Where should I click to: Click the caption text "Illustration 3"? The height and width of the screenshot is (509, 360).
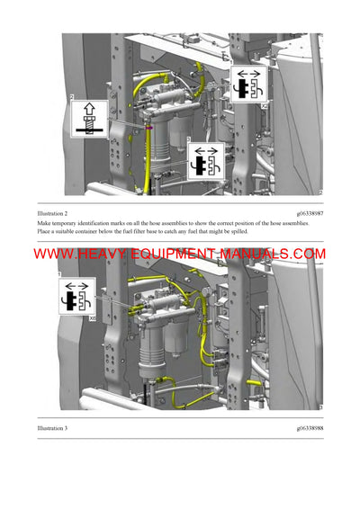(54, 428)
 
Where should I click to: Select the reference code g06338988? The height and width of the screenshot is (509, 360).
(304, 428)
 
